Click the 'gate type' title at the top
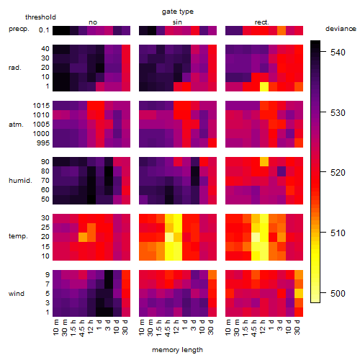click(178, 12)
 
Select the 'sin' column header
click(177, 22)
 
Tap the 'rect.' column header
click(262, 22)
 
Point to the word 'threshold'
click(40, 17)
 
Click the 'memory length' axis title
click(177, 350)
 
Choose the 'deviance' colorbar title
click(341, 29)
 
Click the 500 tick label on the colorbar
click(338, 293)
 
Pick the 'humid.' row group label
click(20, 181)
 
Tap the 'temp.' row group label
click(18, 236)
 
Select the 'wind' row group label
click(17, 294)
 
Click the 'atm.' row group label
click(16, 125)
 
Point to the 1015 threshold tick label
click(41, 106)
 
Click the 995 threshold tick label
click(43, 143)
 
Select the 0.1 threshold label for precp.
click(44, 30)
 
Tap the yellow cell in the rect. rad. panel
click(264, 86)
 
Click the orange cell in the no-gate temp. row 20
click(83, 237)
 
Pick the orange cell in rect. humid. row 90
click(264, 161)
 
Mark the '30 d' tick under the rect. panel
click(297, 327)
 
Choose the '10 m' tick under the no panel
click(55, 327)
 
